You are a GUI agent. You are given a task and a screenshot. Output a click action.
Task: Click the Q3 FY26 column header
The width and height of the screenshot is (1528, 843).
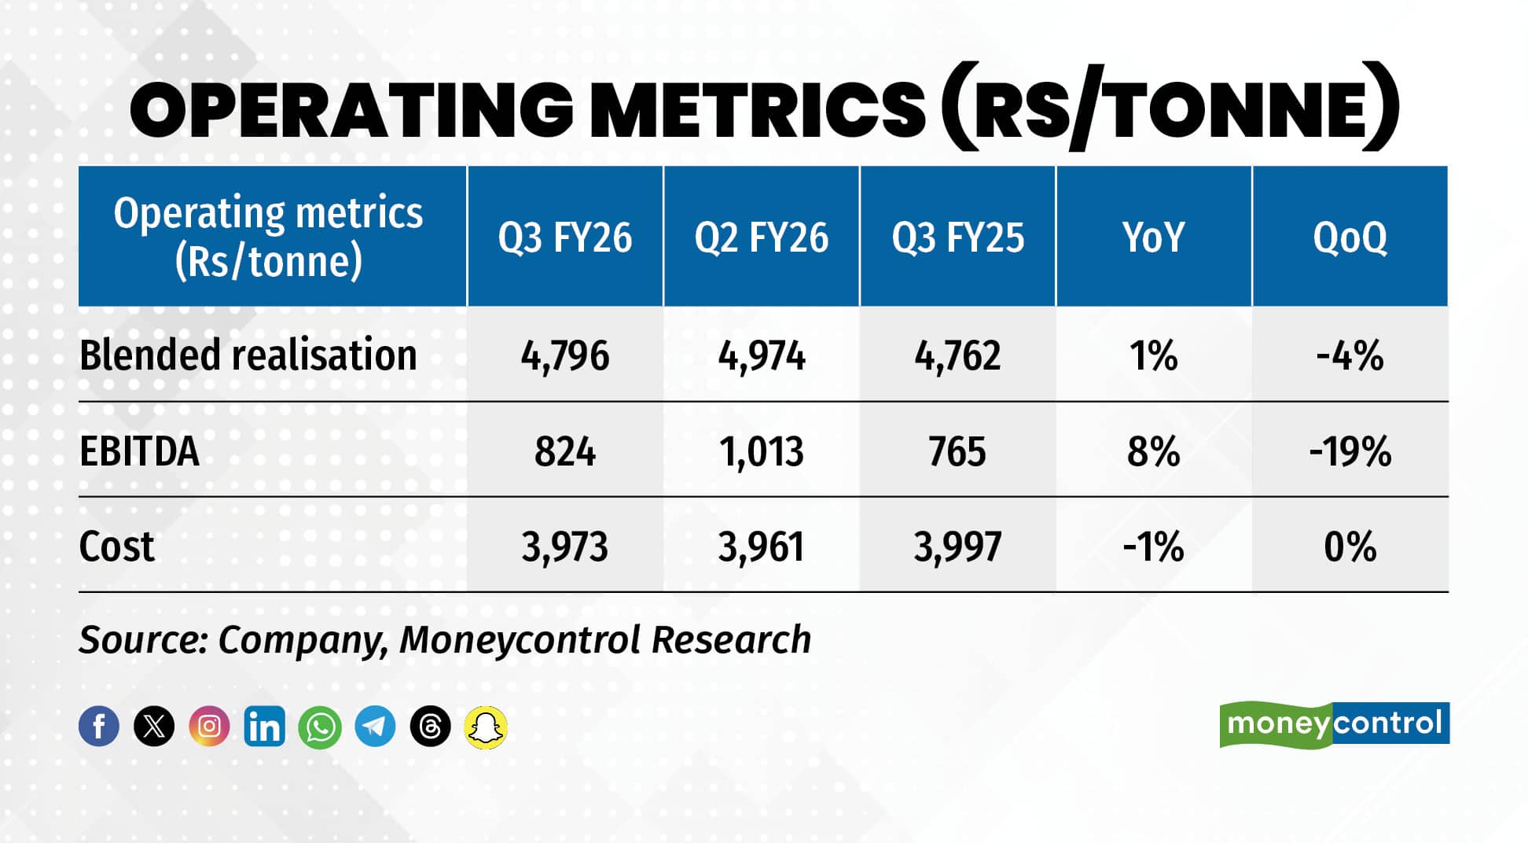pos(564,237)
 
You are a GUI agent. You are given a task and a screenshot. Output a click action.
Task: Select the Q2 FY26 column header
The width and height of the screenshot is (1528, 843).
pos(761,237)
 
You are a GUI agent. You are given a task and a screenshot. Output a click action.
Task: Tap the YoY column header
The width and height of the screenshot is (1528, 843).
pos(1153,237)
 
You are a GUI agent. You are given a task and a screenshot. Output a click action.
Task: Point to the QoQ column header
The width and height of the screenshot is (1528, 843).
pos(1350,237)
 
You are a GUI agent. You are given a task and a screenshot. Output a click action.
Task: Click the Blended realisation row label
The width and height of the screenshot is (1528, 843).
pos(248,355)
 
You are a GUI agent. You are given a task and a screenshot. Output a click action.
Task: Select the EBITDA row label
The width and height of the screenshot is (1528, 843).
pos(139,451)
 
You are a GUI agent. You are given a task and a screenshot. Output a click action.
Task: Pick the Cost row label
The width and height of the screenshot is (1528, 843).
pos(116,547)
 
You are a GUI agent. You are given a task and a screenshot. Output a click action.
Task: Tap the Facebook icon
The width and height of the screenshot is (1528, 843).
pos(99,726)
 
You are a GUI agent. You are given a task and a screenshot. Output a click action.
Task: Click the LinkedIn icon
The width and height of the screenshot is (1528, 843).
pos(264,726)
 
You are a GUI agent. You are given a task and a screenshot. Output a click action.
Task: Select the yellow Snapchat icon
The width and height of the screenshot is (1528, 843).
pos(486,727)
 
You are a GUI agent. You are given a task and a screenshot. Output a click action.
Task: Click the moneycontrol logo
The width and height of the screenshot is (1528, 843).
pos(1334,723)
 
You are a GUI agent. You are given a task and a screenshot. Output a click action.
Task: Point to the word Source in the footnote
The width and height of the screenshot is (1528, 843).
pos(141,639)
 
